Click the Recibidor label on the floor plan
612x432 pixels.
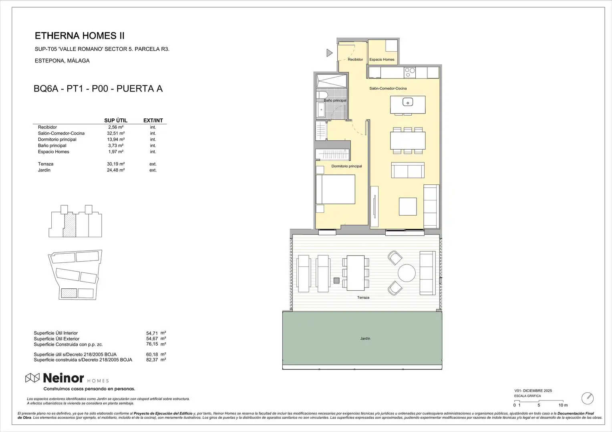(355, 60)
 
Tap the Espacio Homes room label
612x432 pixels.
(382, 60)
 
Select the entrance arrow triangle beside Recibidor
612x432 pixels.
(330, 53)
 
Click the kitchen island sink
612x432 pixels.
(408, 102)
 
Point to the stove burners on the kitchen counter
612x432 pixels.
(410, 72)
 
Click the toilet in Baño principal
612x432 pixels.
(322, 95)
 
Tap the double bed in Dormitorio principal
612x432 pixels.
(336, 189)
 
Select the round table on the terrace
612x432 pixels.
(407, 273)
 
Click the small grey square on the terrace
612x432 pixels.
(336, 280)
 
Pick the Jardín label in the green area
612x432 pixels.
(365, 338)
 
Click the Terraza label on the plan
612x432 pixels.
(363, 298)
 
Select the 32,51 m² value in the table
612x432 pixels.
(116, 133)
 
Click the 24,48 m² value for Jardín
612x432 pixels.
(116, 170)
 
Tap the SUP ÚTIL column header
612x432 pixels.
(116, 120)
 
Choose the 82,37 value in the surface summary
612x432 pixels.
(152, 360)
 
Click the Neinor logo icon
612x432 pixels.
(32, 378)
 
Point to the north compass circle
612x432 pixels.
(588, 398)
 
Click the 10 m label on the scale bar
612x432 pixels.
(563, 405)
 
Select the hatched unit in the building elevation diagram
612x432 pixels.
(70, 226)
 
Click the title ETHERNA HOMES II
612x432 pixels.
(80, 36)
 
